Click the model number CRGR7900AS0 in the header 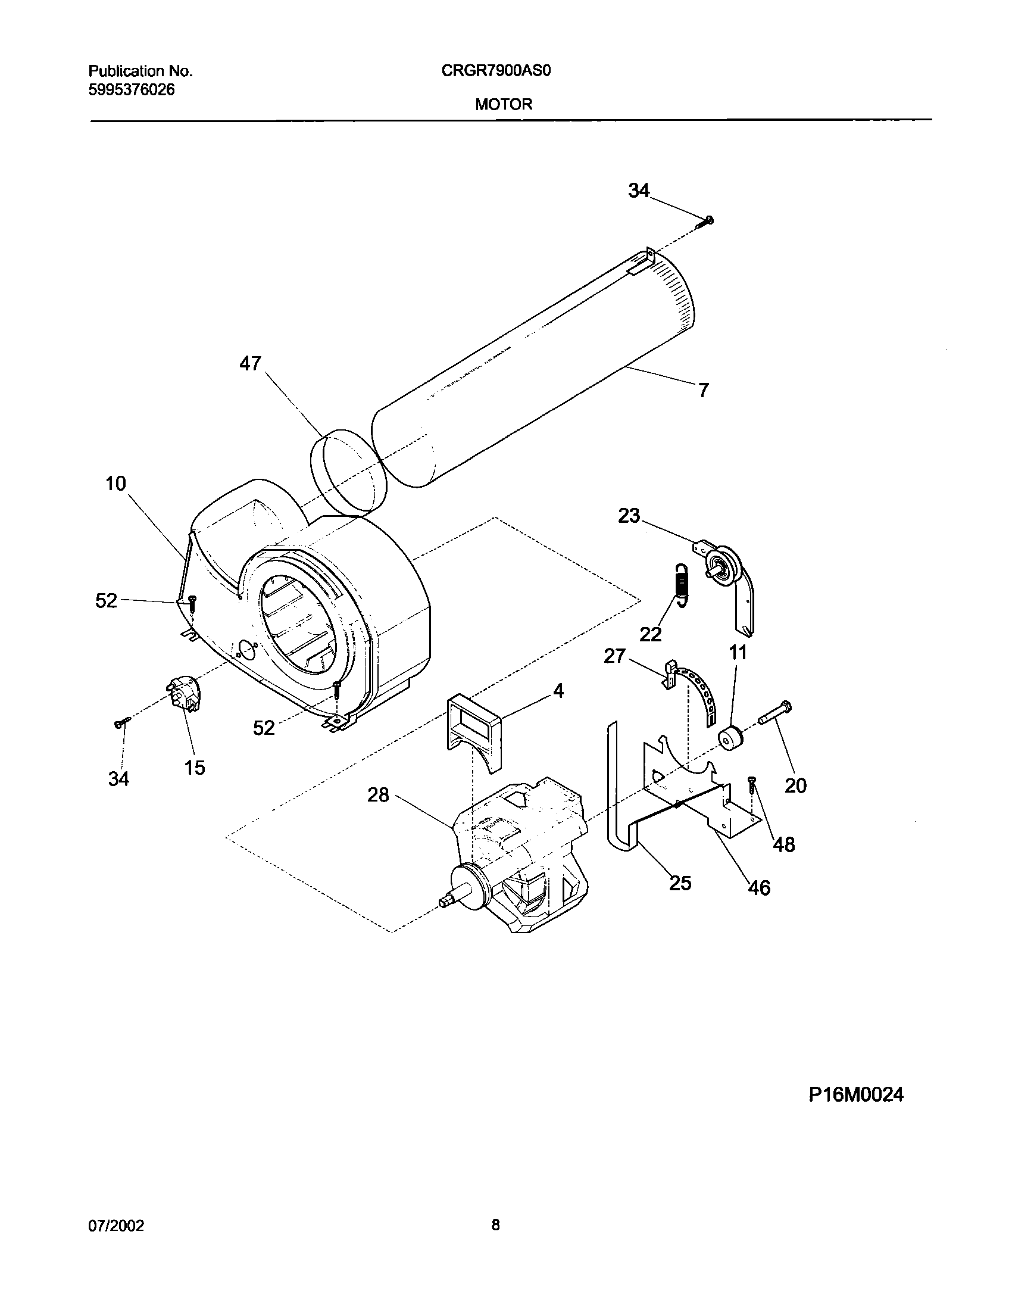[496, 71]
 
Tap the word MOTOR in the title [503, 105]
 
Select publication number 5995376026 [132, 90]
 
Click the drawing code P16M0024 [855, 1095]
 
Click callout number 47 [250, 363]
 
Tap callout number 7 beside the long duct [704, 390]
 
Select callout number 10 [116, 484]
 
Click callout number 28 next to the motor [378, 795]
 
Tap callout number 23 [629, 516]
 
